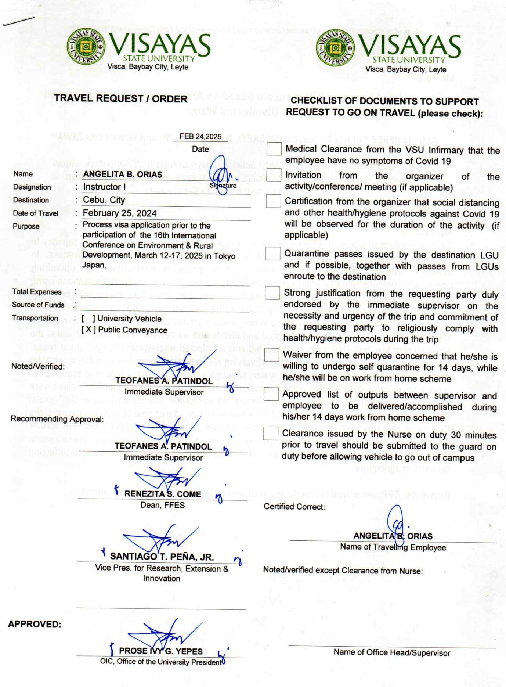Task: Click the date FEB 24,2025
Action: (200, 137)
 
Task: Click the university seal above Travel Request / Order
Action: (86, 47)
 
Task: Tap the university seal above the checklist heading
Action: (335, 48)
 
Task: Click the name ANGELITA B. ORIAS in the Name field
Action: (123, 174)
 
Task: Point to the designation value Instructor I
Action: (104, 187)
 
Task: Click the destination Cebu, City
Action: (104, 200)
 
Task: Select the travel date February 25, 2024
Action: (119, 213)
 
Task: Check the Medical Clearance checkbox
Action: (274, 149)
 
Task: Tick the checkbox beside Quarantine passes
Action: (273, 253)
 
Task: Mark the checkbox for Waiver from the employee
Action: (272, 355)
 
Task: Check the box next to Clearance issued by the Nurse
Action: (271, 434)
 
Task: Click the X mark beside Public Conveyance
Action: (88, 330)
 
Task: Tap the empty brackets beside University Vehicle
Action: (88, 319)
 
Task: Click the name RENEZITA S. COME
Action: (163, 494)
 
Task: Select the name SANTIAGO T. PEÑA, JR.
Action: (162, 557)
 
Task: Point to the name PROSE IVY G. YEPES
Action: (161, 651)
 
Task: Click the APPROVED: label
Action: (35, 624)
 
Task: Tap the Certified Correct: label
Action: (294, 507)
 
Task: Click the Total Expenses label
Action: (37, 292)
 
